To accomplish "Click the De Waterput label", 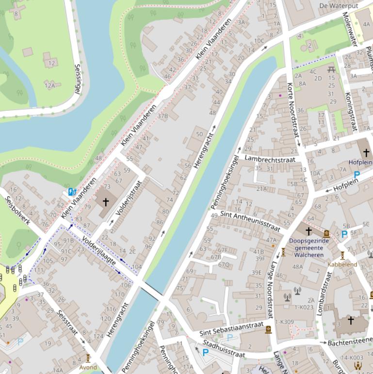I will click(x=338, y=6).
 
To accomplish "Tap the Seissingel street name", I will click(x=78, y=78).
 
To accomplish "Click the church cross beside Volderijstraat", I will click(x=105, y=202).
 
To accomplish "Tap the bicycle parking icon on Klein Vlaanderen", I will click(x=72, y=192).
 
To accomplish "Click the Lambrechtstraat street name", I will click(x=269, y=158).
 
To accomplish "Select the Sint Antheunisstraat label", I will click(x=250, y=221).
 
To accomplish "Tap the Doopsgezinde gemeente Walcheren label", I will click(x=308, y=248).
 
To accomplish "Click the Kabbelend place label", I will click(x=342, y=265).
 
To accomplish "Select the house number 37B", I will click(x=162, y=116).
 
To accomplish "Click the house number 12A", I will click(x=50, y=85).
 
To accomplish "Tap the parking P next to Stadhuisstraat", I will click(x=205, y=352).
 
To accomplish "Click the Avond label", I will click(x=88, y=367).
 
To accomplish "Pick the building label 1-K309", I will click(x=284, y=322).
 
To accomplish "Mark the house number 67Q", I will click(x=224, y=265).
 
